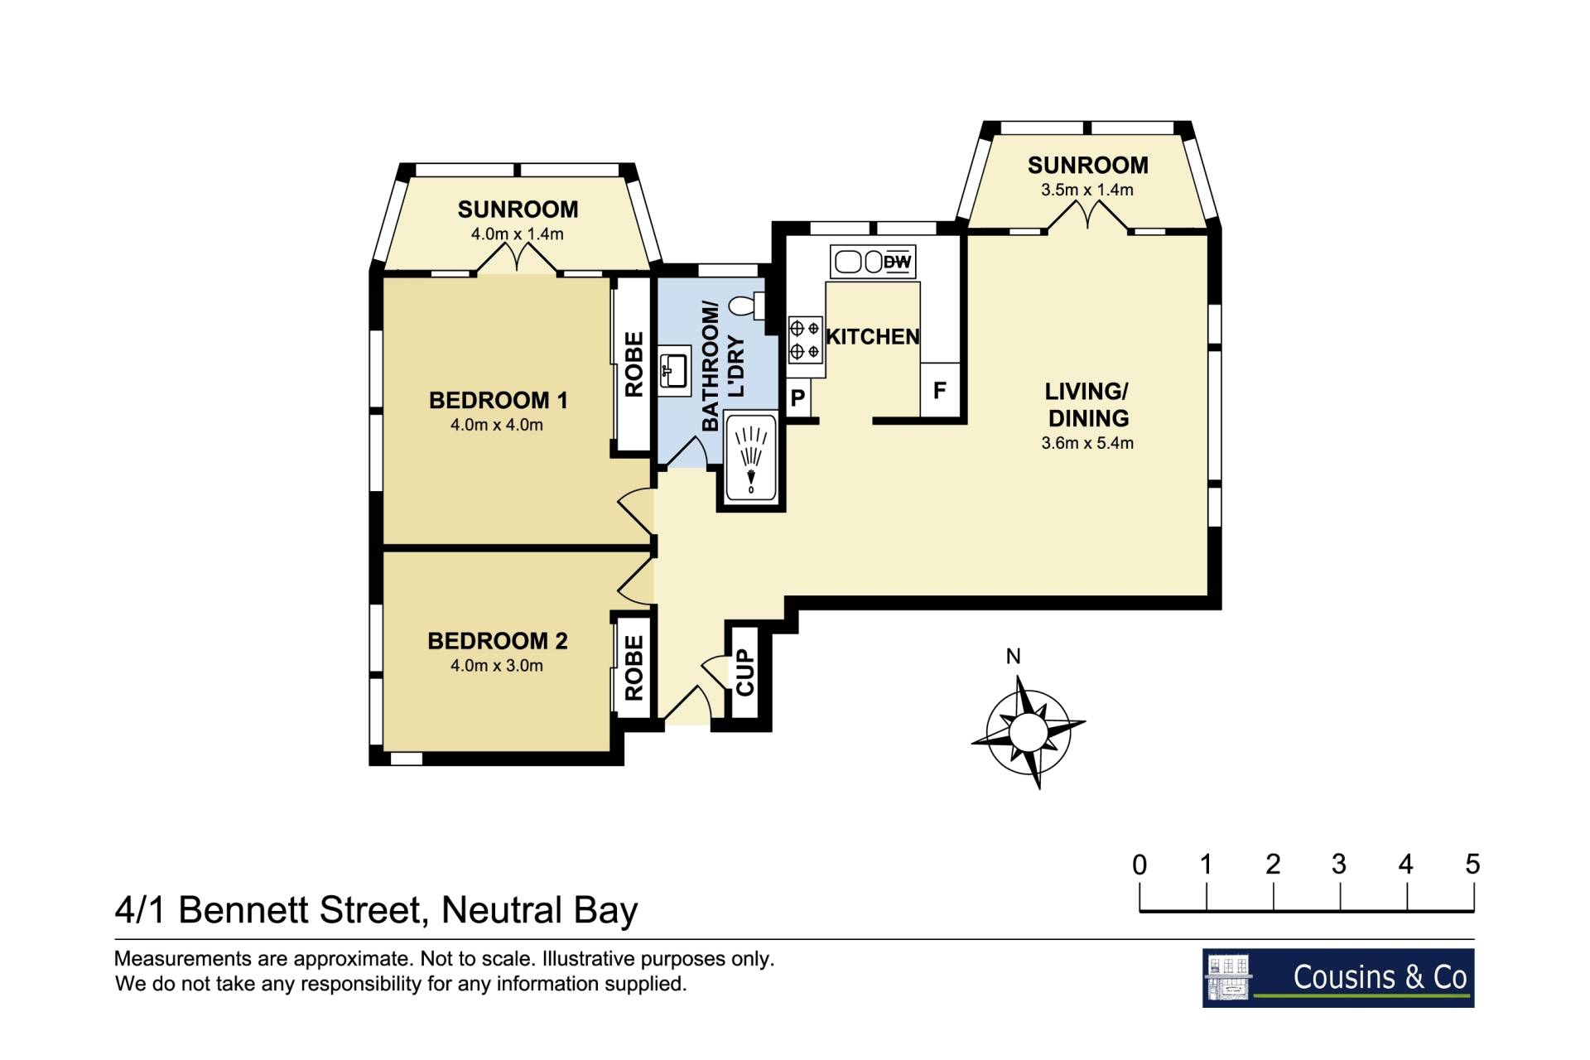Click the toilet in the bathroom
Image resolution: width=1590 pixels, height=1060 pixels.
click(746, 306)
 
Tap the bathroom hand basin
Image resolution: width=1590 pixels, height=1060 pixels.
click(675, 370)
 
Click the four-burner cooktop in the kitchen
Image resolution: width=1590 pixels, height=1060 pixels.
click(805, 340)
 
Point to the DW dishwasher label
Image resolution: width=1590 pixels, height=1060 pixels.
click(897, 263)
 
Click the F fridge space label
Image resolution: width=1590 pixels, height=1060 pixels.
click(940, 390)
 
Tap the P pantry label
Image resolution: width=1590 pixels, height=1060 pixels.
click(797, 398)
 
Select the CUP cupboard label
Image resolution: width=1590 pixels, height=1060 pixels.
click(745, 672)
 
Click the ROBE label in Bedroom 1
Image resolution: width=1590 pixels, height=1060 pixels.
click(634, 364)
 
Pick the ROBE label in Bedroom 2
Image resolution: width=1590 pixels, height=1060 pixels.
click(634, 667)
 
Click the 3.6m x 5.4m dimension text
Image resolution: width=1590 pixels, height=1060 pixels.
click(1087, 443)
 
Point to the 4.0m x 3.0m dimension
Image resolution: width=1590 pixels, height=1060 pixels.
click(497, 665)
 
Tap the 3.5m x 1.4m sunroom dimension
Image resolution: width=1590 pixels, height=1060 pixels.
click(1087, 190)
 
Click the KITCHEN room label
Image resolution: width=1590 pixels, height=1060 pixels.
click(873, 337)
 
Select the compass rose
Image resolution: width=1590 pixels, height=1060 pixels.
click(1029, 732)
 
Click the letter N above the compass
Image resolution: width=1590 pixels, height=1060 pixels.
click(1013, 657)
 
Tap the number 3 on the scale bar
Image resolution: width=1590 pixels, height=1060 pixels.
click(1339, 865)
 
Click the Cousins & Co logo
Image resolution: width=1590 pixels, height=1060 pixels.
click(1338, 978)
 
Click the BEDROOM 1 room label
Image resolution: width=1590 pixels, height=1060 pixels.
click(499, 401)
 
